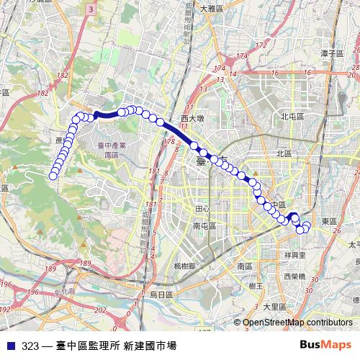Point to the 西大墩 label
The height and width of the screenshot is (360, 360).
[x=193, y=117]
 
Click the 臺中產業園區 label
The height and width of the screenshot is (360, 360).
[x=111, y=150]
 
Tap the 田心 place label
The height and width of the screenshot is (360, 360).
[x=202, y=209]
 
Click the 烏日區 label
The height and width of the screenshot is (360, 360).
[x=162, y=294]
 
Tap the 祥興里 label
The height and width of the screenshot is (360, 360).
[x=296, y=254]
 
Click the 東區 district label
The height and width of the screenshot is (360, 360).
[x=329, y=221]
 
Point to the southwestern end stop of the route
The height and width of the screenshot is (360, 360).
[x=53, y=176]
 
